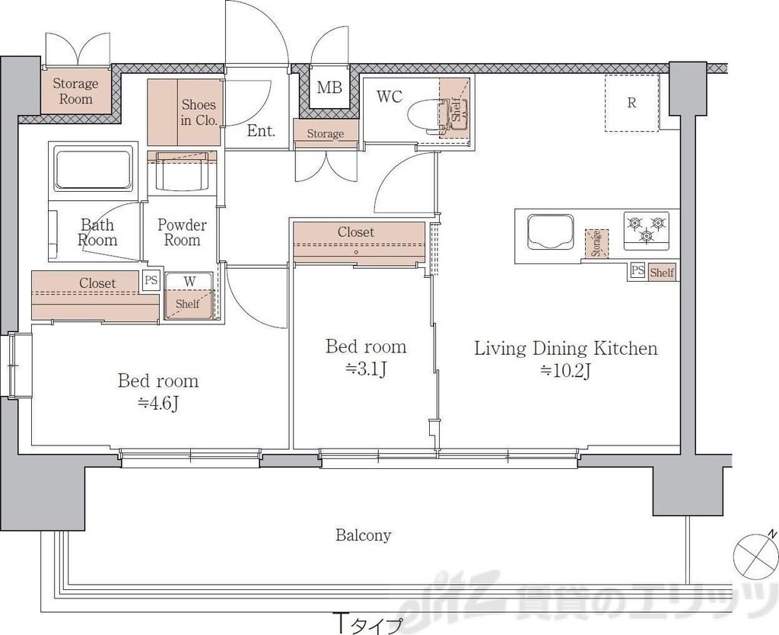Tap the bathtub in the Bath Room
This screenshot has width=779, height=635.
(93, 168)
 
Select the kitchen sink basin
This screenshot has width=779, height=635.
(550, 231)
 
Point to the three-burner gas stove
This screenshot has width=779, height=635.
(646, 231)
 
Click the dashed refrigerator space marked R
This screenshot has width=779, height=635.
(631, 103)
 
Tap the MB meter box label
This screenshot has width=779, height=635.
(329, 88)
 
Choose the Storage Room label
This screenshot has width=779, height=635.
(75, 91)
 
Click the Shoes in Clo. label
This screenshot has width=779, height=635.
(199, 113)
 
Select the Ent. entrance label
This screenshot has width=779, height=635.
(261, 131)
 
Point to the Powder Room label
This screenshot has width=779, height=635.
(182, 232)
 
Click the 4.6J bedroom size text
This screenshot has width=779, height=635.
(158, 404)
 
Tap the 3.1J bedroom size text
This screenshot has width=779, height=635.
(366, 369)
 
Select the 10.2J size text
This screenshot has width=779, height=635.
(565, 371)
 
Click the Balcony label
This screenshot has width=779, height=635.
(363, 535)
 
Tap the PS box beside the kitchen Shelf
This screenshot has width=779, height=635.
(638, 270)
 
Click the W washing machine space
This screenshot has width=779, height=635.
(189, 295)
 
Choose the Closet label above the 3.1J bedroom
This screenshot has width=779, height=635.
(356, 231)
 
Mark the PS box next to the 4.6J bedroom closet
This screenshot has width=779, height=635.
(151, 279)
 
